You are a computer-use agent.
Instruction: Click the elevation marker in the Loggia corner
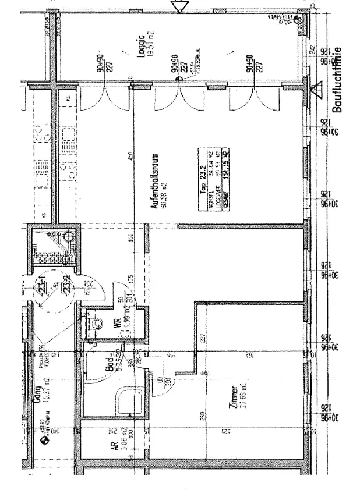tap(298, 20)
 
